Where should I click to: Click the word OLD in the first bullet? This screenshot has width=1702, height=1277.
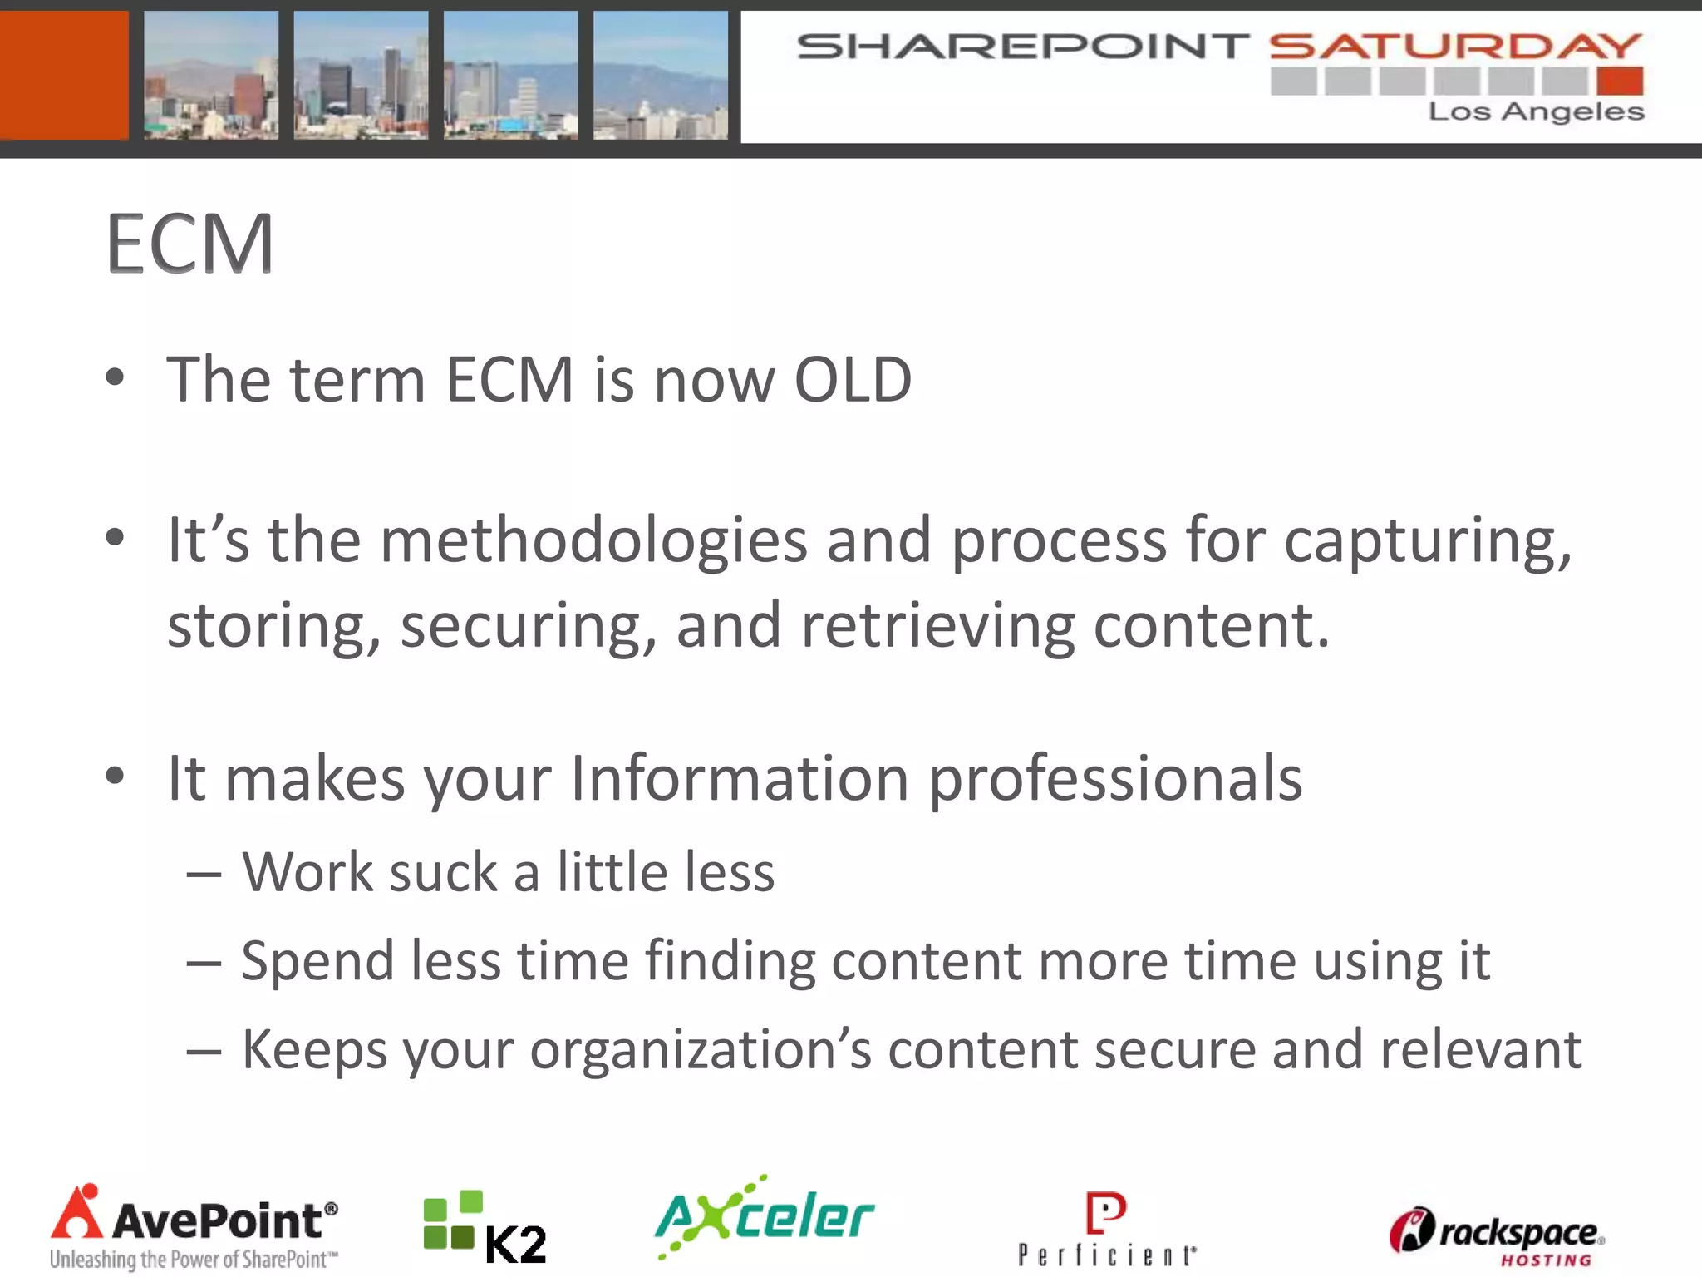tap(853, 380)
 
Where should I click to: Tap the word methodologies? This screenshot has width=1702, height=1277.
tap(593, 541)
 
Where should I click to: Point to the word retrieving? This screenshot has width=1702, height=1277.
tap(937, 626)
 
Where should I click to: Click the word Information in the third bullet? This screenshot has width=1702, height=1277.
tap(740, 779)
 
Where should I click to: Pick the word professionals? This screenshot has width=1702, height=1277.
tap(1114, 781)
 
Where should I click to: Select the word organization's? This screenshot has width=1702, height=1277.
tap(701, 1051)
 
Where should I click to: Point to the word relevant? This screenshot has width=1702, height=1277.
tap(1480, 1050)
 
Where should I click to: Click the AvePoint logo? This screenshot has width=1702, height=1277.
tap(194, 1227)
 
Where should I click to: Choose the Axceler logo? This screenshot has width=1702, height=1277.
tap(765, 1217)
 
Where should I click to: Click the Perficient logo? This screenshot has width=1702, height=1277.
tap(1107, 1230)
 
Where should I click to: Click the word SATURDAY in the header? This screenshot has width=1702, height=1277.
tap(1455, 47)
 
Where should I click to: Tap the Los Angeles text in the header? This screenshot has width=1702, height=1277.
tap(1536, 111)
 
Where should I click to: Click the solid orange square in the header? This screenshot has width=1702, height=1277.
tap(64, 75)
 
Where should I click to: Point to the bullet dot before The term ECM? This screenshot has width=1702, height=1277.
tap(115, 378)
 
